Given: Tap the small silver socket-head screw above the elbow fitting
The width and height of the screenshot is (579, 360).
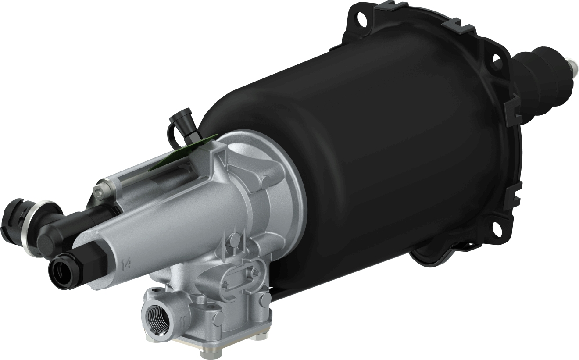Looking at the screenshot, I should [101, 190].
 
